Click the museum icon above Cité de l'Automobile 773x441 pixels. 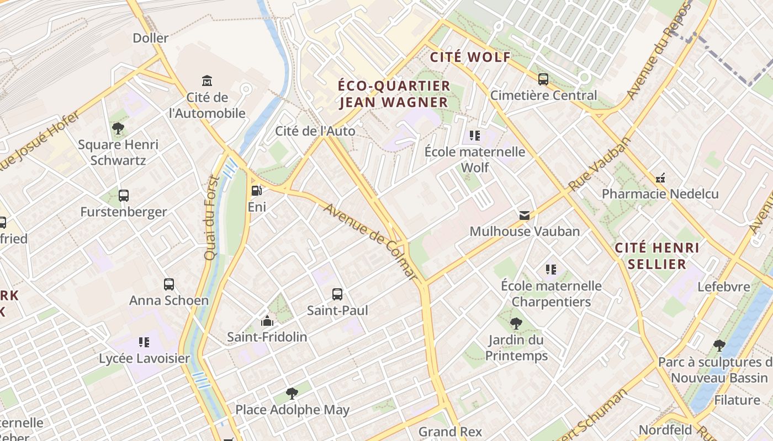[x=207, y=81]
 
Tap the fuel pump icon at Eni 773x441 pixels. [x=257, y=191]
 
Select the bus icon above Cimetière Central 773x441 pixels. [x=543, y=79]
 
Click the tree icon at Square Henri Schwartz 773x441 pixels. [x=118, y=128]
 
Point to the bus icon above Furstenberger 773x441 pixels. [x=124, y=196]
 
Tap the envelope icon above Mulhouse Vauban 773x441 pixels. [x=524, y=215]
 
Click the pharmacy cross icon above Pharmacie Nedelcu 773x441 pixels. [x=660, y=178]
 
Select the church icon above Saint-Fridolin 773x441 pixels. [x=267, y=320]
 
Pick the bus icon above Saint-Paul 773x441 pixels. [x=337, y=294]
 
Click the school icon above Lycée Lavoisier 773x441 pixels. [x=144, y=342]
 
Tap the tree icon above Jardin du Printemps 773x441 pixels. [x=516, y=324]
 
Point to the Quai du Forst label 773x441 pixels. [x=211, y=217]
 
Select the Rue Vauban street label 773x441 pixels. [x=600, y=164]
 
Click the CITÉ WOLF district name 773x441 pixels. [x=470, y=57]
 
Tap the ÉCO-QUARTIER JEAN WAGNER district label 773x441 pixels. [x=394, y=94]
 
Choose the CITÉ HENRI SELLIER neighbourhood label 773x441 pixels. [x=657, y=255]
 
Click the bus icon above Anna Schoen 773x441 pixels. [x=169, y=284]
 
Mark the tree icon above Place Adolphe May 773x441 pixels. [x=292, y=394]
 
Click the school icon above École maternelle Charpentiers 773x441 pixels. [x=551, y=270]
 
